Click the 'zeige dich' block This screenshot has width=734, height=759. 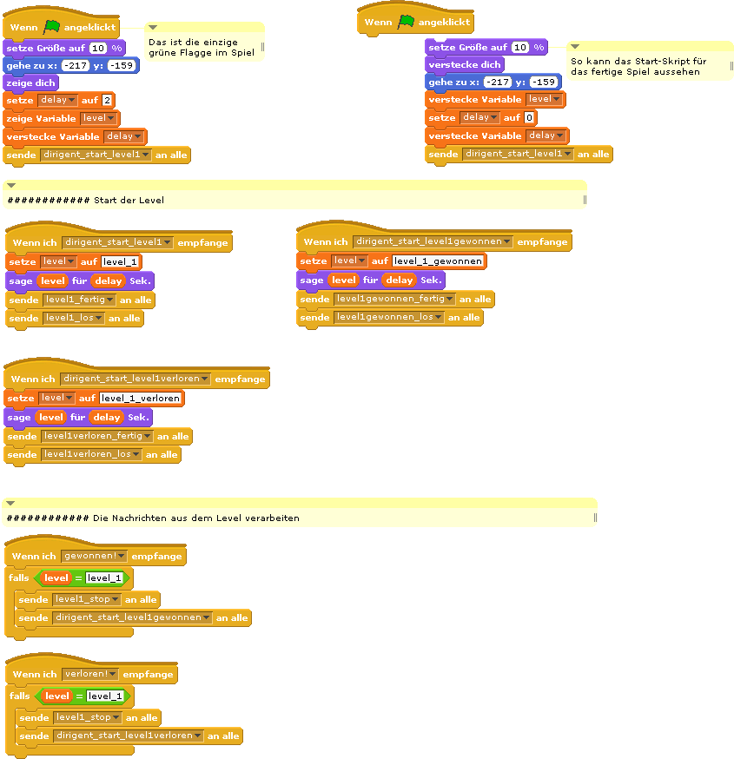click(x=30, y=82)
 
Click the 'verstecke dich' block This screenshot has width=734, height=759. click(x=465, y=64)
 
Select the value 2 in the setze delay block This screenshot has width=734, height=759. click(x=108, y=100)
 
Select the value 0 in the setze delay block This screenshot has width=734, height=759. click(x=530, y=117)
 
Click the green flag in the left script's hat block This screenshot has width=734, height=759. click(x=51, y=27)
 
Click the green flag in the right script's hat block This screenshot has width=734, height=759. click(x=406, y=22)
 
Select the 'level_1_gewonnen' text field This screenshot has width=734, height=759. click(x=438, y=261)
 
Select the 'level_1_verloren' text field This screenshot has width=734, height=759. click(x=141, y=398)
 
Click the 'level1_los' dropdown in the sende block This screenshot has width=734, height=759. click(x=74, y=318)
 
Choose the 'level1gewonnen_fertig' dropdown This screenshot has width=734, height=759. click(x=394, y=299)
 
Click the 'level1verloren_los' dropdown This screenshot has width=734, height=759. click(x=92, y=454)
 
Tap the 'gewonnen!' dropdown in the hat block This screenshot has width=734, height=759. click(x=94, y=556)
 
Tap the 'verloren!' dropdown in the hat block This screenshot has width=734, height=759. click(x=89, y=674)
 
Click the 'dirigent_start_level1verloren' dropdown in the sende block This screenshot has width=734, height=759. click(x=129, y=736)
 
